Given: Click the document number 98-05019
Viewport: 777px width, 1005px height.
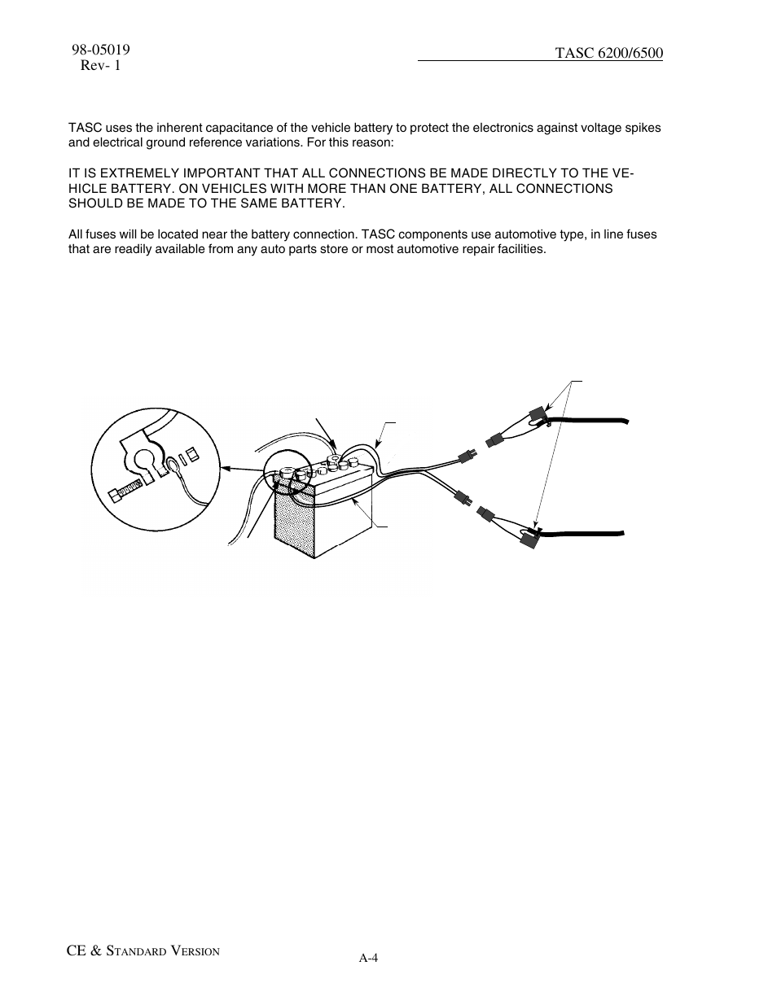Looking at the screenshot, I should point(101,50).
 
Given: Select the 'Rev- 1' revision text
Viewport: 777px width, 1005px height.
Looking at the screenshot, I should point(100,66).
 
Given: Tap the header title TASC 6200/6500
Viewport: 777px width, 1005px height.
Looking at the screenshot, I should point(609,53).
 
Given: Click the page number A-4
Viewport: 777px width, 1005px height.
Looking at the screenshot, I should point(368,958).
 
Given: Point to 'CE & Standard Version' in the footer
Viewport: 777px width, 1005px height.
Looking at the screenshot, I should point(144,950).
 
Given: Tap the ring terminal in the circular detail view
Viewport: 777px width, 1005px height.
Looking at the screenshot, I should point(173,467).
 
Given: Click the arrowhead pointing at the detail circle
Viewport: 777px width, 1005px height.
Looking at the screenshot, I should point(226,469).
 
